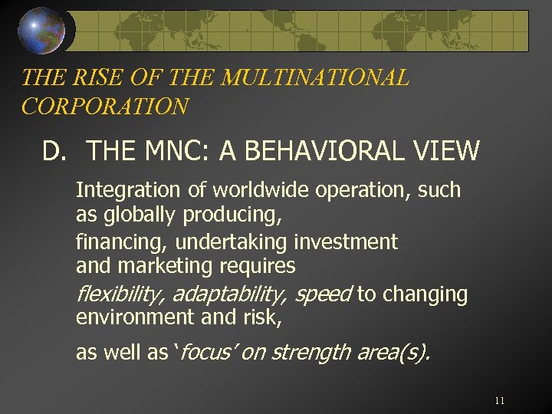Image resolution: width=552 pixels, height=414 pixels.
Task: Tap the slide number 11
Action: pos(500,400)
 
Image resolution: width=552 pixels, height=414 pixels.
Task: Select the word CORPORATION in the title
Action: pos(105,106)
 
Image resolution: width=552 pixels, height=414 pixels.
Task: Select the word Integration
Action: pos(128,189)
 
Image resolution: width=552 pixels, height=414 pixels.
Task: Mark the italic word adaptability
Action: pos(229,294)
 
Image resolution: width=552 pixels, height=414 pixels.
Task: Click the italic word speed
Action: pos(323,294)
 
